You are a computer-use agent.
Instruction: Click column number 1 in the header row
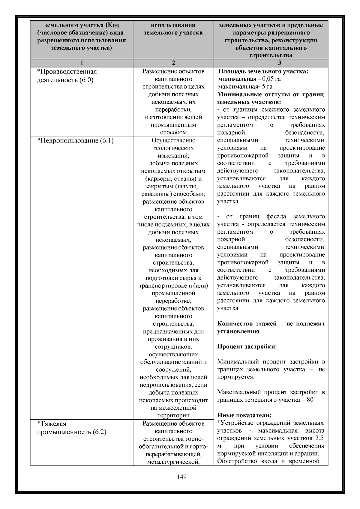tap(82, 63)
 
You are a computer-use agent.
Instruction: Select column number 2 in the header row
tap(173, 63)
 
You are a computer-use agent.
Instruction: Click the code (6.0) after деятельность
tap(87, 80)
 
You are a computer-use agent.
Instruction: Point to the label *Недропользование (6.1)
tap(75, 141)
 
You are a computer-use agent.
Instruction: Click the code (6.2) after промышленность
tap(99, 432)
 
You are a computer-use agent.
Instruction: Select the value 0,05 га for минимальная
tap(271, 79)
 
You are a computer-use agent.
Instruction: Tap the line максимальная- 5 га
tap(245, 87)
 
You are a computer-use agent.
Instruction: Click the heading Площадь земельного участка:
tap(263, 72)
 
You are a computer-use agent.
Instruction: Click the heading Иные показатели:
tap(244, 415)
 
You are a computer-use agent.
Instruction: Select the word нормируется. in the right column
tap(235, 377)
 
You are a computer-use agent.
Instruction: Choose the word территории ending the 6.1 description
tap(173, 415)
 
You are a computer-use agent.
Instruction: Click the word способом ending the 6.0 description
tap(173, 132)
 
